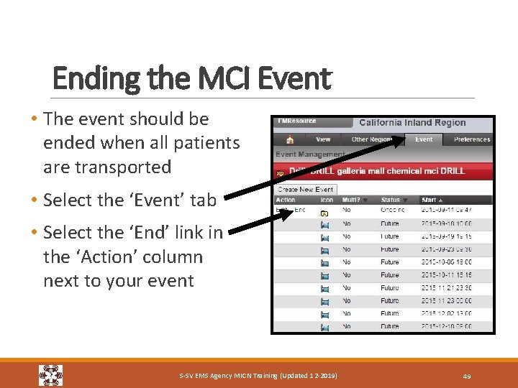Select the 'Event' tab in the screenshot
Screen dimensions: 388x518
(x=424, y=139)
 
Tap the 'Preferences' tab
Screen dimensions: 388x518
(x=471, y=139)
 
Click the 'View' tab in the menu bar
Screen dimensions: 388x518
(x=323, y=139)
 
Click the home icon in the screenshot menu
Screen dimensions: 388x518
(x=289, y=139)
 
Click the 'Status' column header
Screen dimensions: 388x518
(x=391, y=200)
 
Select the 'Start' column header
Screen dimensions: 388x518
(x=430, y=200)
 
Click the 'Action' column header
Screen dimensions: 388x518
(x=286, y=200)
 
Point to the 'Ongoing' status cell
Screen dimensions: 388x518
(x=392, y=210)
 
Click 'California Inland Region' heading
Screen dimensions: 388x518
(x=412, y=123)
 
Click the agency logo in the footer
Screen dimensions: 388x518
(x=50, y=375)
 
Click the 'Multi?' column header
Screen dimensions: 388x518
(x=351, y=200)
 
